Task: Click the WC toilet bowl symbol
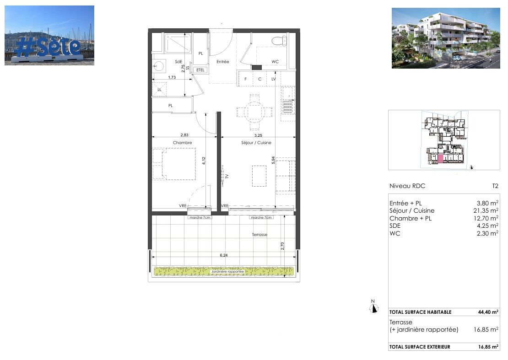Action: point(276,41)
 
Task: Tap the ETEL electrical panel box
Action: point(200,70)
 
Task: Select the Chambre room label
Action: point(182,143)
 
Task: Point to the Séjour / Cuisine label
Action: point(256,143)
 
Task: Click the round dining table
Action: point(254,110)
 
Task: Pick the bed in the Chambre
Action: point(173,164)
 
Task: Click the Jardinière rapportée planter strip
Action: point(224,272)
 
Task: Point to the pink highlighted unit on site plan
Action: point(440,159)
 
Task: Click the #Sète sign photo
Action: point(49,35)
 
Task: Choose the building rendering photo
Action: point(446,38)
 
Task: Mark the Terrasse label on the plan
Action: point(259,235)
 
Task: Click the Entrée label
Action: point(222,62)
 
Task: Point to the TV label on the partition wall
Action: point(226,176)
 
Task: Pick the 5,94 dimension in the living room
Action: point(273,161)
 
